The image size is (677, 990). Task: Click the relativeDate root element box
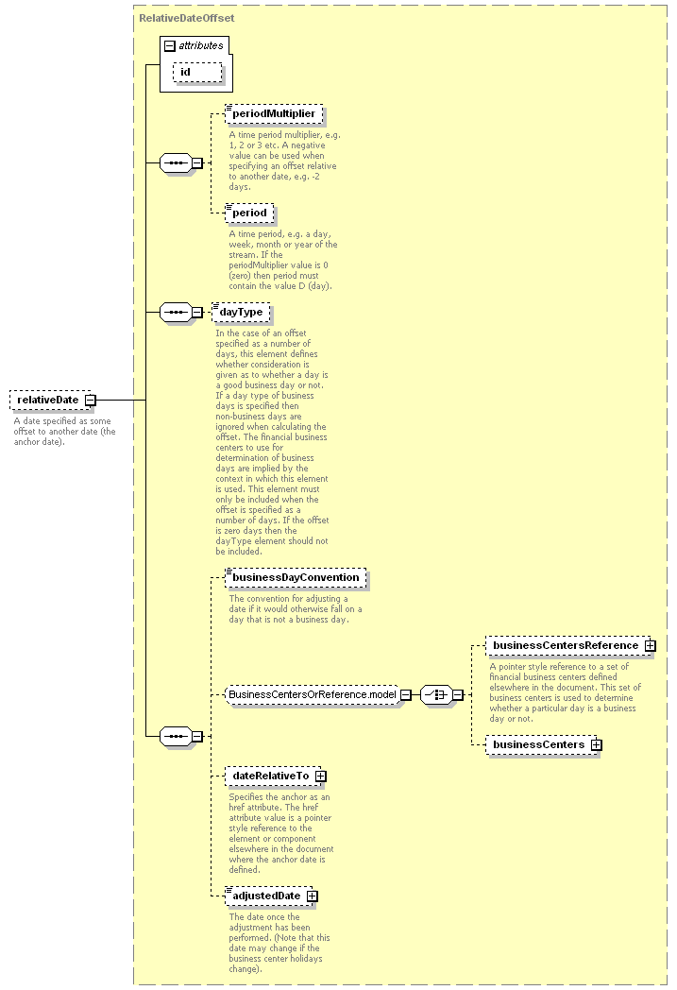coord(46,400)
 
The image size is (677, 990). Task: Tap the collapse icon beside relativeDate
coord(91,400)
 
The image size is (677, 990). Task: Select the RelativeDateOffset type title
coord(186,17)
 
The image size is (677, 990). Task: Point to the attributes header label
coord(200,45)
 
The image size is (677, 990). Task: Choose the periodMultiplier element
coord(274,114)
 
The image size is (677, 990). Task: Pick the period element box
coord(250,213)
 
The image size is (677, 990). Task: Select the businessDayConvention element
coord(296,577)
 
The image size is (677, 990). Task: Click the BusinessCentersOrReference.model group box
coord(311,694)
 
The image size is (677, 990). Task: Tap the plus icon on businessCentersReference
coord(651,645)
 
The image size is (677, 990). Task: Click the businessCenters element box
coord(537,744)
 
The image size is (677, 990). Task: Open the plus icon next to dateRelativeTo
coord(321,776)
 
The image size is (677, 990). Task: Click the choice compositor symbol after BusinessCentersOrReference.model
coord(434,694)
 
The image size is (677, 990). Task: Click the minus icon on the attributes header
coord(169,45)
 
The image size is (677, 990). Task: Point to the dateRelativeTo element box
coord(270,776)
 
